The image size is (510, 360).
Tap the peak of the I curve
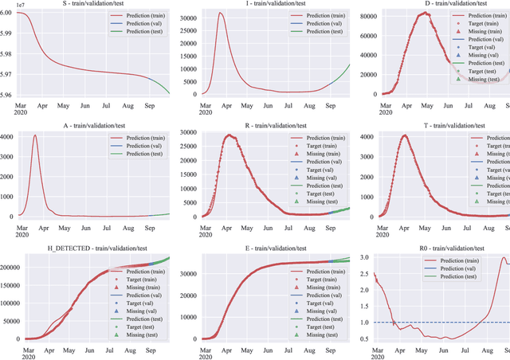coord(221,13)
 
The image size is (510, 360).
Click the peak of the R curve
coord(232,135)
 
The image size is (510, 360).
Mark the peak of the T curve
coord(405,135)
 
